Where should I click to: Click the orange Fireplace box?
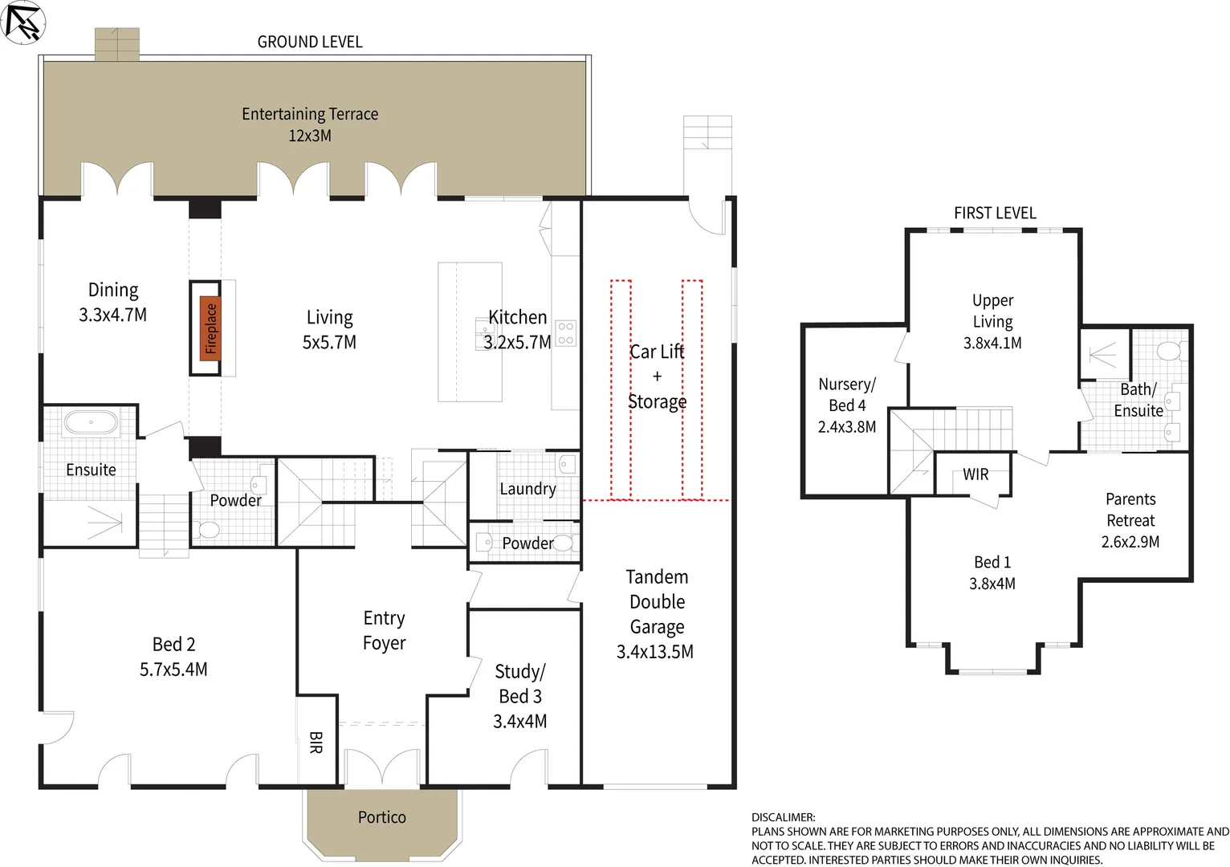(210, 328)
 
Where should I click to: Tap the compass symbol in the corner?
(22, 22)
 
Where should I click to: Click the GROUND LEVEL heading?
(310, 42)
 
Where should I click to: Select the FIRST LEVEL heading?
(995, 213)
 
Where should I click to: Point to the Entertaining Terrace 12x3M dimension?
(310, 136)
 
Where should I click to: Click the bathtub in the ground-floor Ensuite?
(92, 423)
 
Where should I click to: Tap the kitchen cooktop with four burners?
(565, 333)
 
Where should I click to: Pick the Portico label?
(381, 817)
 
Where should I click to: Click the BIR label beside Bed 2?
(316, 743)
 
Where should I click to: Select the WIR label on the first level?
(975, 474)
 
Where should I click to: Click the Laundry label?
(527, 489)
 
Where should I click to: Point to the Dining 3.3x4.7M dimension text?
(112, 315)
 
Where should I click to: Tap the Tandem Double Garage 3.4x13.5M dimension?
(655, 652)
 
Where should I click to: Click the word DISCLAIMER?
(783, 817)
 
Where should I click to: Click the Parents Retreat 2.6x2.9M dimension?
(1130, 542)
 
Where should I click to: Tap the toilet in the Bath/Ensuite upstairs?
(1171, 350)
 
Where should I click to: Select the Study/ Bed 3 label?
(520, 684)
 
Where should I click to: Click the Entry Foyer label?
(384, 630)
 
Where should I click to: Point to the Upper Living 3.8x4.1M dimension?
(992, 343)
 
